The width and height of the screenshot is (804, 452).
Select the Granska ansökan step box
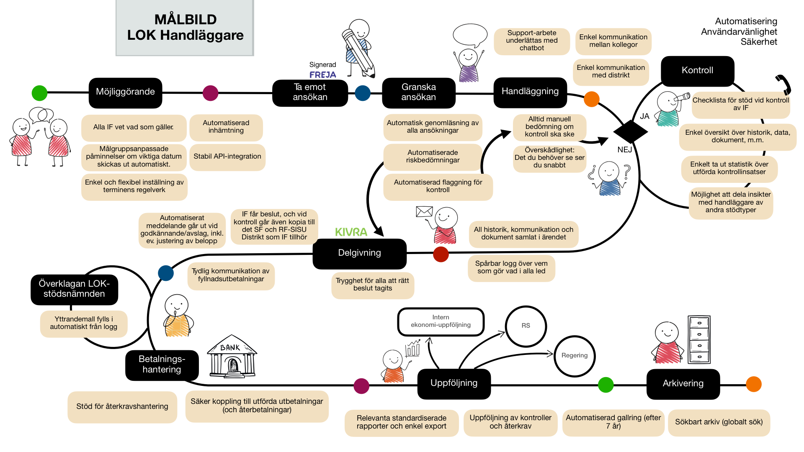[418, 92]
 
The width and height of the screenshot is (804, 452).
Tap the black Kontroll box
[697, 70]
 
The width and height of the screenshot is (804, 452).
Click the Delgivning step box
[359, 253]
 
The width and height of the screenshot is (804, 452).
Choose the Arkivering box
[683, 383]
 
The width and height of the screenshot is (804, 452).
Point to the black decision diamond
[630, 131]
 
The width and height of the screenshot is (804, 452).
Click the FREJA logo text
[323, 75]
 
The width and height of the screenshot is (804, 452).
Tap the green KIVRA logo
[351, 232]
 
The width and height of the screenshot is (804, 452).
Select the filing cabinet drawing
[699, 339]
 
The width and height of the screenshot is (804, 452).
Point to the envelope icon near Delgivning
[424, 211]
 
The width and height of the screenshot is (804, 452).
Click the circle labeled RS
[526, 326]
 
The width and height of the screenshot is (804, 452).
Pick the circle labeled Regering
[575, 356]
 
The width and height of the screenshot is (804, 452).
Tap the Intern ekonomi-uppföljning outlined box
[441, 321]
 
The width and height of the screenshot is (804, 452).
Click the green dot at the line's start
[40, 93]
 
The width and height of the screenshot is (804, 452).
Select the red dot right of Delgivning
[441, 254]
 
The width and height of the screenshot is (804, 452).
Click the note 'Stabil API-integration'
[227, 157]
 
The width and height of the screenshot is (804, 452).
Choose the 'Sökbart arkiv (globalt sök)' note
[719, 422]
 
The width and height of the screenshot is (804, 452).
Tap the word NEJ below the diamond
[624, 150]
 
